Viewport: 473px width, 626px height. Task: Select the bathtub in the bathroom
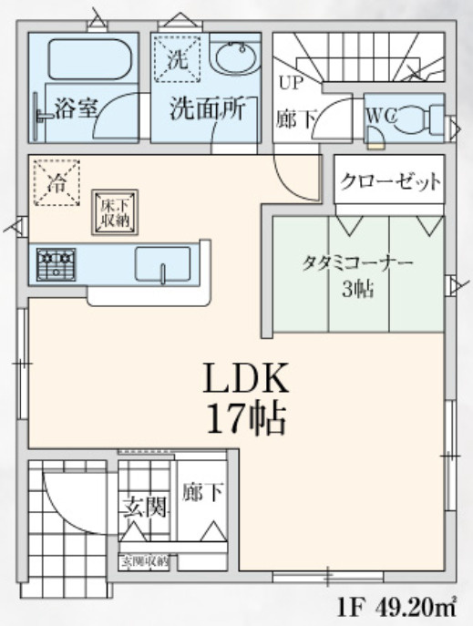[x=89, y=60]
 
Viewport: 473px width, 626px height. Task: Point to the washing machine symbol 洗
[x=175, y=61]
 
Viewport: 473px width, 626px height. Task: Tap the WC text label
[x=380, y=118]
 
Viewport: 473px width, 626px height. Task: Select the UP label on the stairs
[x=289, y=83]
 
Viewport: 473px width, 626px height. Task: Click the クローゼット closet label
[x=391, y=181]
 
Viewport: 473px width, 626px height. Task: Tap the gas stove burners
[x=57, y=264]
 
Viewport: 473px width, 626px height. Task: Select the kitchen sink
[x=163, y=264]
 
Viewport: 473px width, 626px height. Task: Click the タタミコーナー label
[x=357, y=263]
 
